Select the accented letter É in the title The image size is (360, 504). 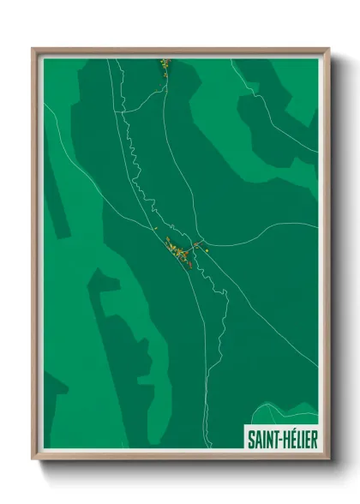(x=287, y=440)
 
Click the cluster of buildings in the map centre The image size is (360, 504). (x=178, y=253)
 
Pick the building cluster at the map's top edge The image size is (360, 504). (x=165, y=66)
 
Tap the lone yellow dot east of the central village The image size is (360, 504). (x=207, y=249)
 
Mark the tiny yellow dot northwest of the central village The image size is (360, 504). (x=154, y=229)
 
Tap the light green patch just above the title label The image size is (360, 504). (x=287, y=412)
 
